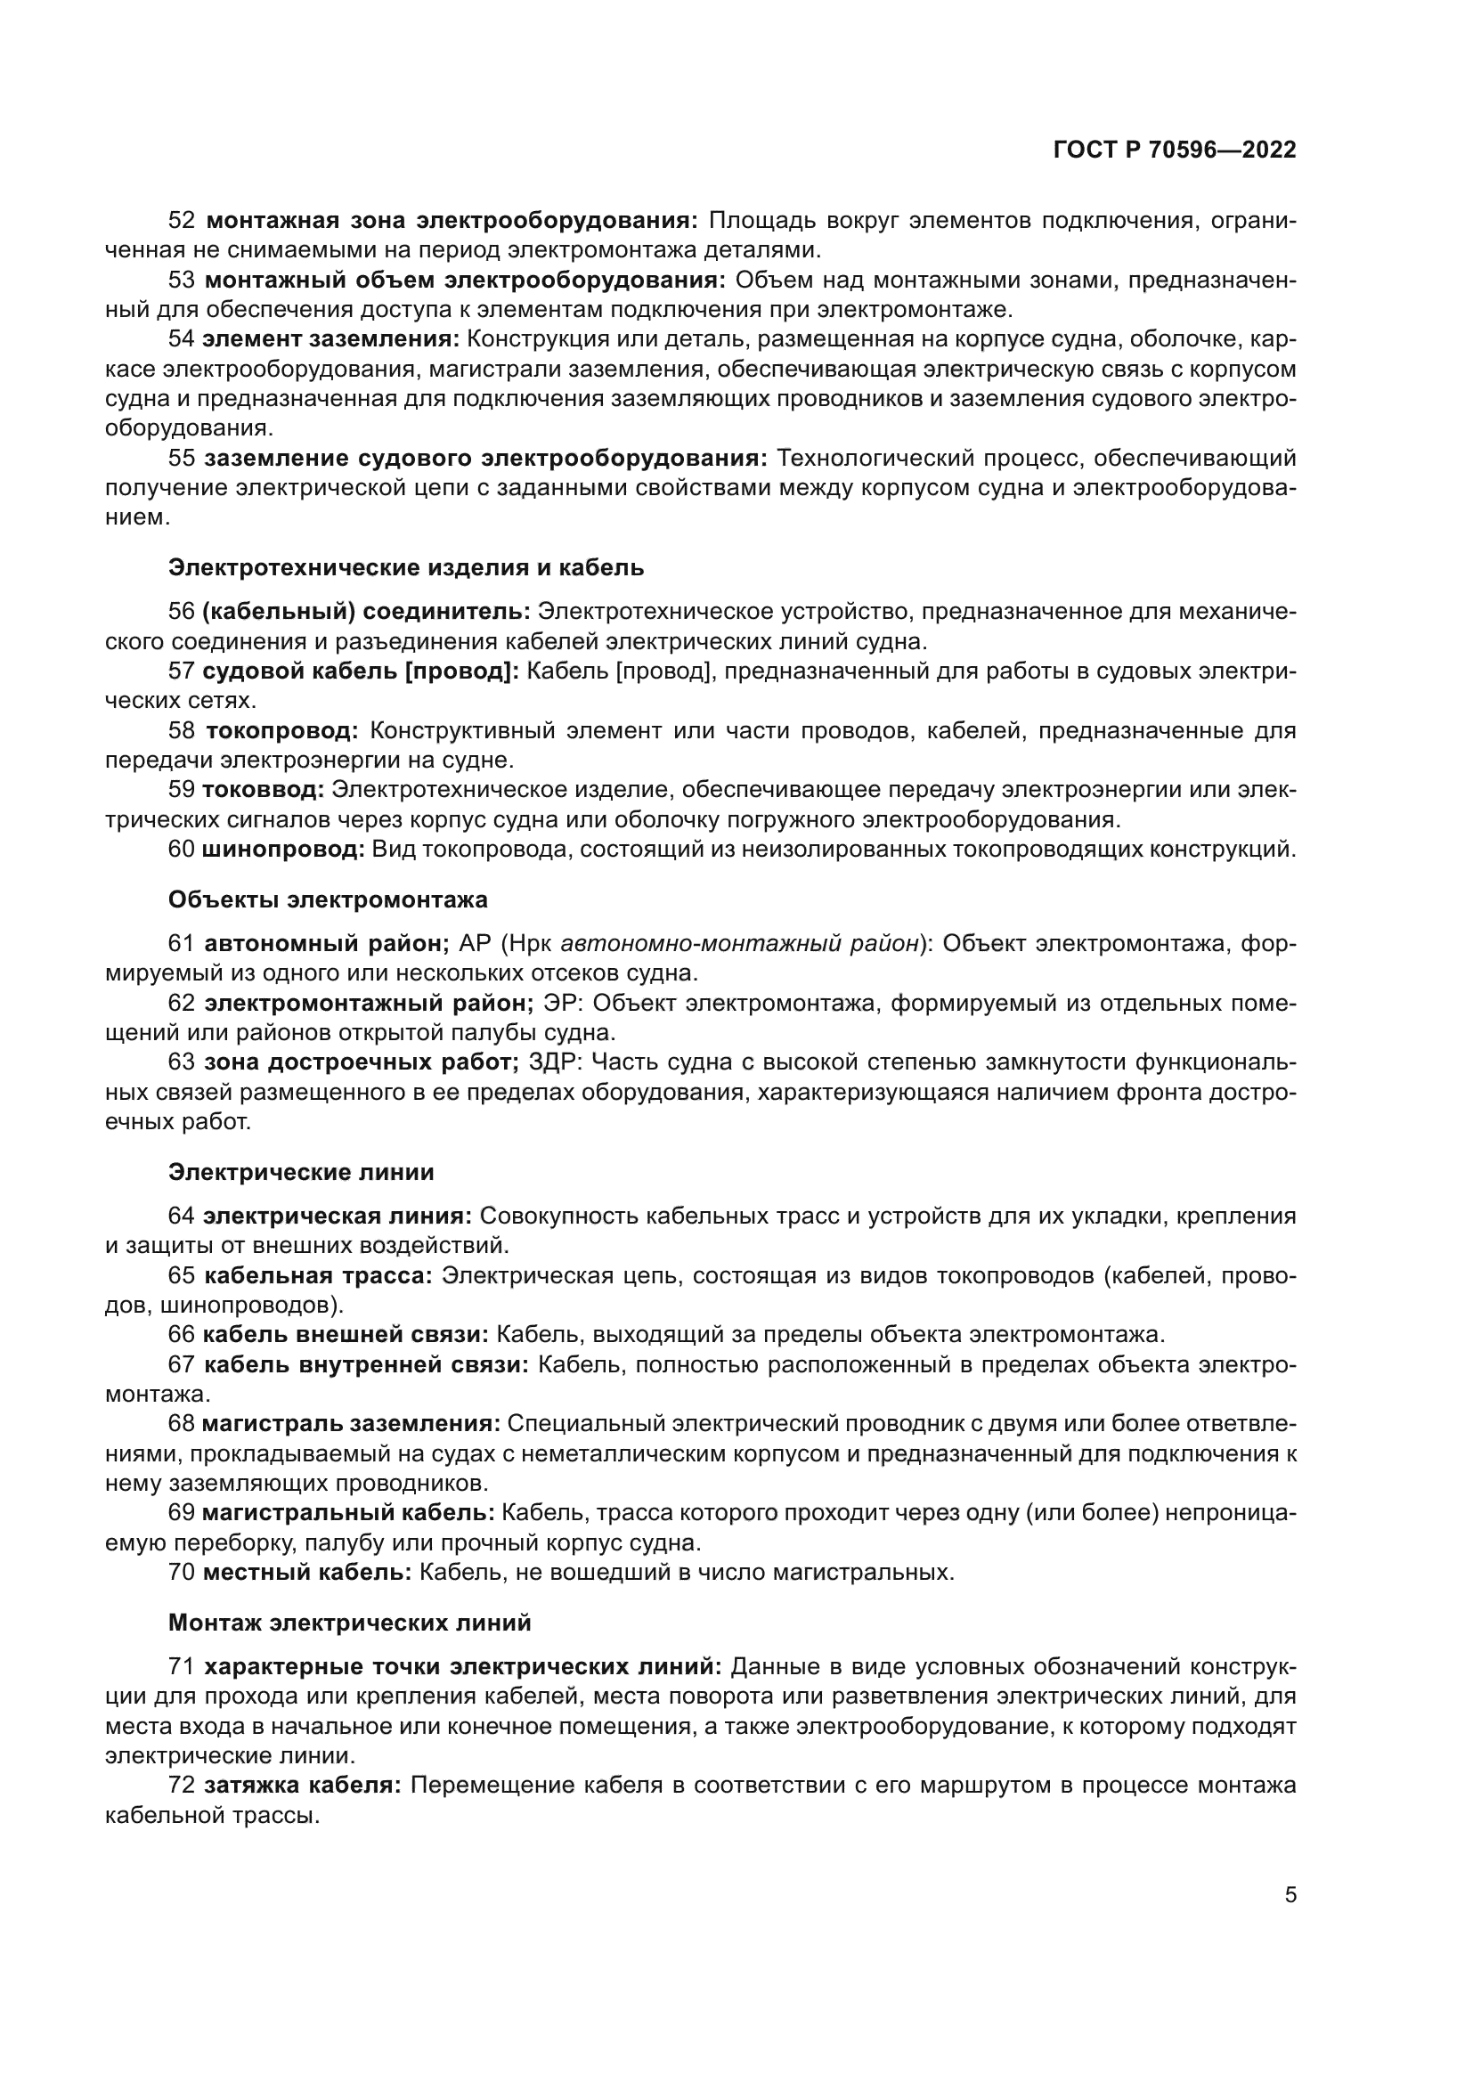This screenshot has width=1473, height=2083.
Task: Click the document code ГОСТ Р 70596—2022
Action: pos(1174,151)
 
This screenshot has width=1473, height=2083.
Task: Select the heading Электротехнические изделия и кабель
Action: pos(405,568)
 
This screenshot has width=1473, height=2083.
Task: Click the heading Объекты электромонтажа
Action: pos(328,899)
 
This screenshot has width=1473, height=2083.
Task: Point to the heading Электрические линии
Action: pos(301,1172)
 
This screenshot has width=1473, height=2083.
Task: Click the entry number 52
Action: pos(182,221)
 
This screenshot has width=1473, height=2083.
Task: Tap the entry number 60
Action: pos(182,850)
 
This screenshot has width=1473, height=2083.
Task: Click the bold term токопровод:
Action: pos(282,730)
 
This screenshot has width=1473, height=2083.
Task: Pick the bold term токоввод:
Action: pos(263,790)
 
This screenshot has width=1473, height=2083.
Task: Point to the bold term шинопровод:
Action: pos(283,850)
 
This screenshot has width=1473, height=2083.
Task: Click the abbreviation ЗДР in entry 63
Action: pos(554,1062)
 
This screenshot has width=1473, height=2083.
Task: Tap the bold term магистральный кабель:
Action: pos(348,1512)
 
